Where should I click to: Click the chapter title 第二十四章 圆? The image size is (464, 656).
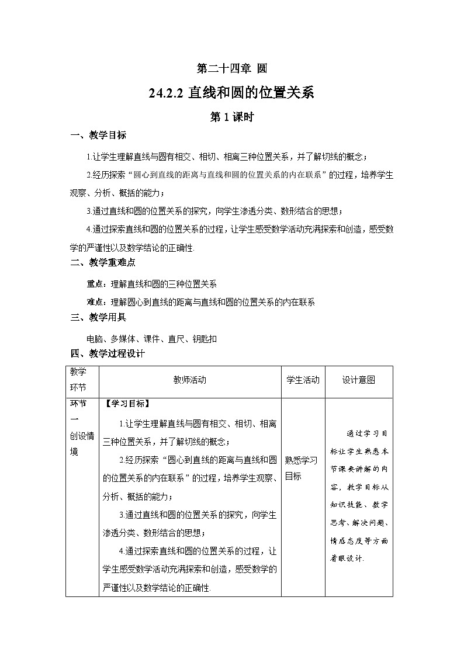pyautogui.click(x=232, y=68)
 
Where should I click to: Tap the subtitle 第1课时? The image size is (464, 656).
pyautogui.click(x=231, y=117)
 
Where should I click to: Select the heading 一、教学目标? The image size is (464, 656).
pyautogui.click(x=98, y=136)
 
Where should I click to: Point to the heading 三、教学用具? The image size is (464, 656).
pyautogui.click(x=98, y=317)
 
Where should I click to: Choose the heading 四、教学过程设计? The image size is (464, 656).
pyautogui.click(x=108, y=353)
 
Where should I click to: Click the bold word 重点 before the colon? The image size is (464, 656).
pyautogui.click(x=95, y=284)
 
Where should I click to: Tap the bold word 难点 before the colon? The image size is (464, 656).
pyautogui.click(x=95, y=302)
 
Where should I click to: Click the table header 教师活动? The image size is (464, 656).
pyautogui.click(x=190, y=380)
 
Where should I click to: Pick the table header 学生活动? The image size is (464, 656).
pyautogui.click(x=303, y=380)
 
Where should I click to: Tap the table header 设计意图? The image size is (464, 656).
pyautogui.click(x=358, y=380)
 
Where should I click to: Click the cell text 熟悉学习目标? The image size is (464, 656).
pyautogui.click(x=301, y=468)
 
